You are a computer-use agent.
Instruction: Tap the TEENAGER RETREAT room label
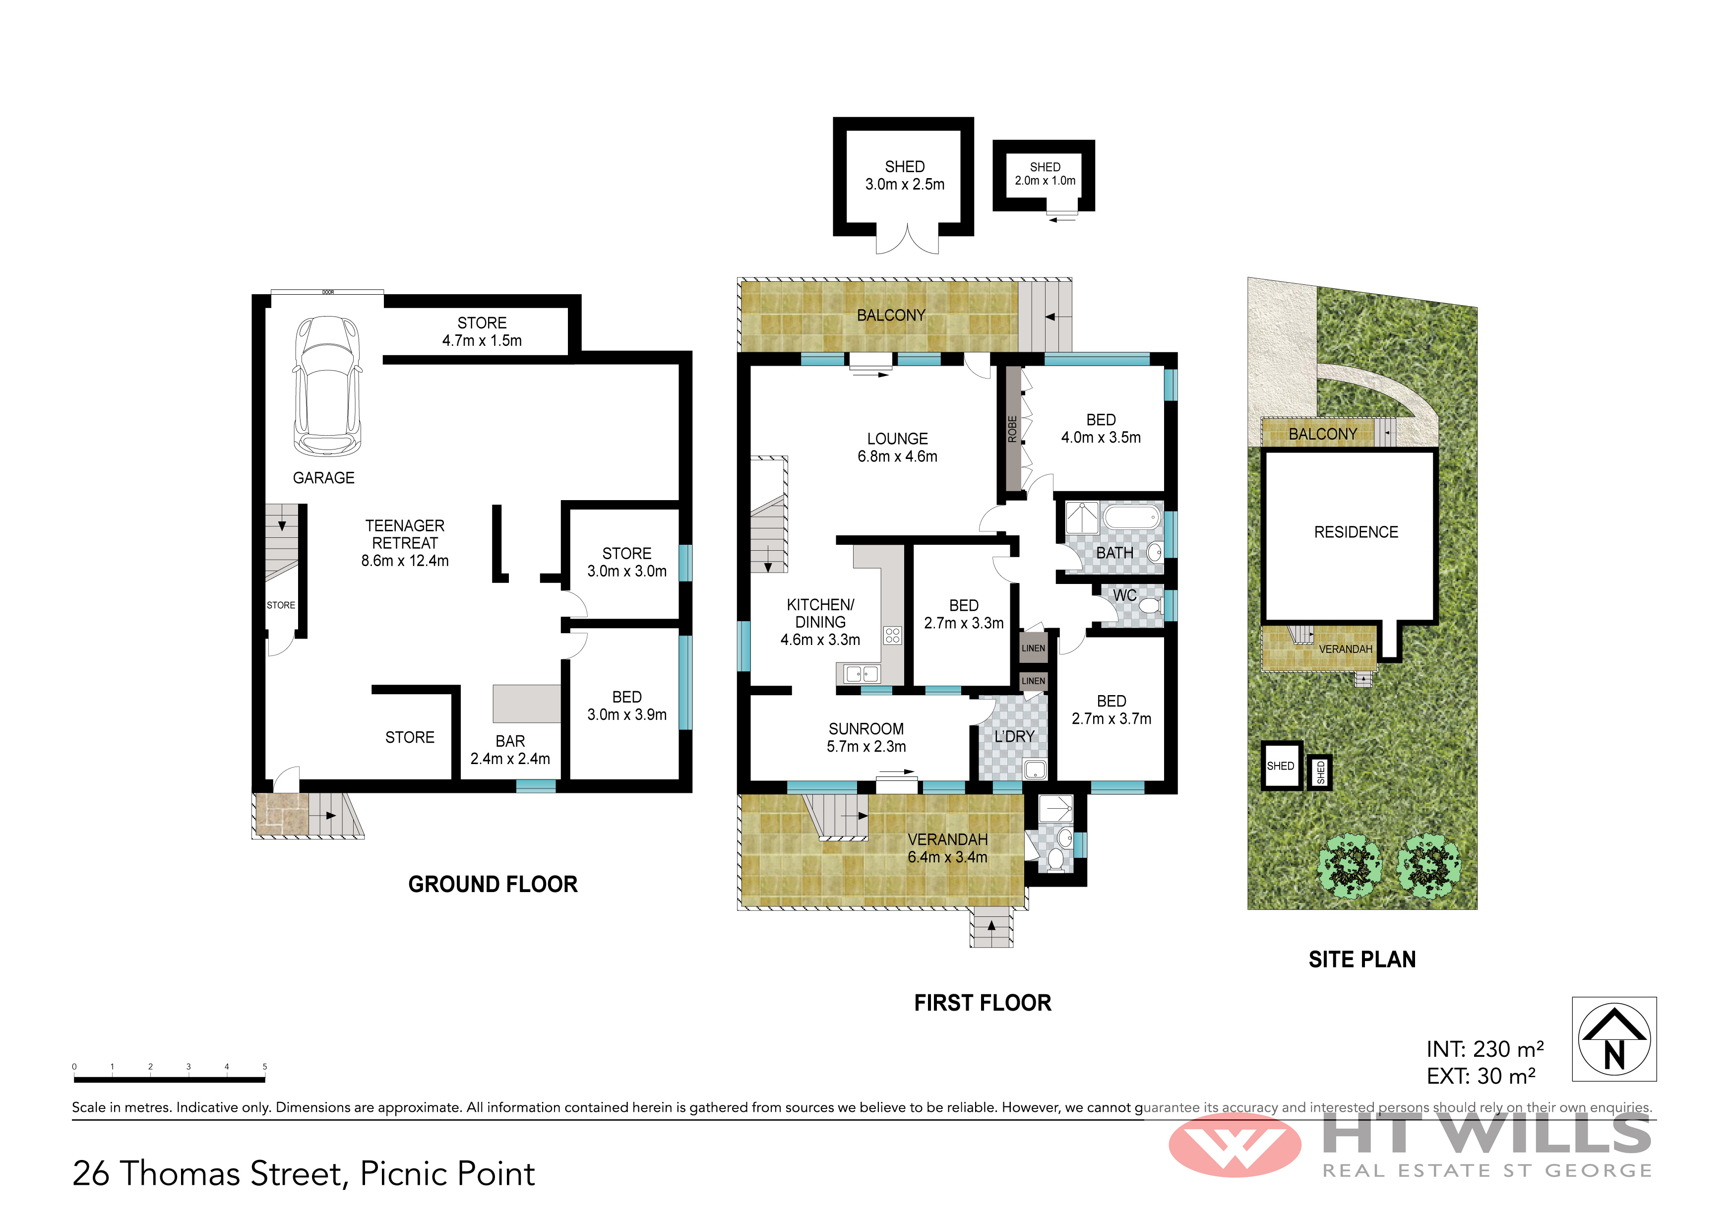(x=405, y=543)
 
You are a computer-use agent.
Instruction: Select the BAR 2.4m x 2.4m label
(x=510, y=750)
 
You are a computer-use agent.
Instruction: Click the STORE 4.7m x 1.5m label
(x=482, y=331)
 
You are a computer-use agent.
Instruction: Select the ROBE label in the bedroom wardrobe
(x=1012, y=429)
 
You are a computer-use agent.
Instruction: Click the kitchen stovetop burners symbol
(x=892, y=635)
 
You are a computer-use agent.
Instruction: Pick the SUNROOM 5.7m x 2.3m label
(x=866, y=737)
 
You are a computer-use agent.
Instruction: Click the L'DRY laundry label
(x=1014, y=736)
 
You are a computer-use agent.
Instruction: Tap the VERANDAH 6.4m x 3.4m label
(x=947, y=848)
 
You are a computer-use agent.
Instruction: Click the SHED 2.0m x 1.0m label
(x=1045, y=173)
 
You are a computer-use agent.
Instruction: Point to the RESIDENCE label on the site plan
(x=1356, y=532)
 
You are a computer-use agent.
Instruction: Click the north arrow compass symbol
(x=1614, y=1039)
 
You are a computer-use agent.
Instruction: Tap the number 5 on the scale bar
(x=264, y=1066)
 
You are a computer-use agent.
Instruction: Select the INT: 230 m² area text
(x=1485, y=1049)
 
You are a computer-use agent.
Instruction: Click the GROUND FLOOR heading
(x=493, y=884)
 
